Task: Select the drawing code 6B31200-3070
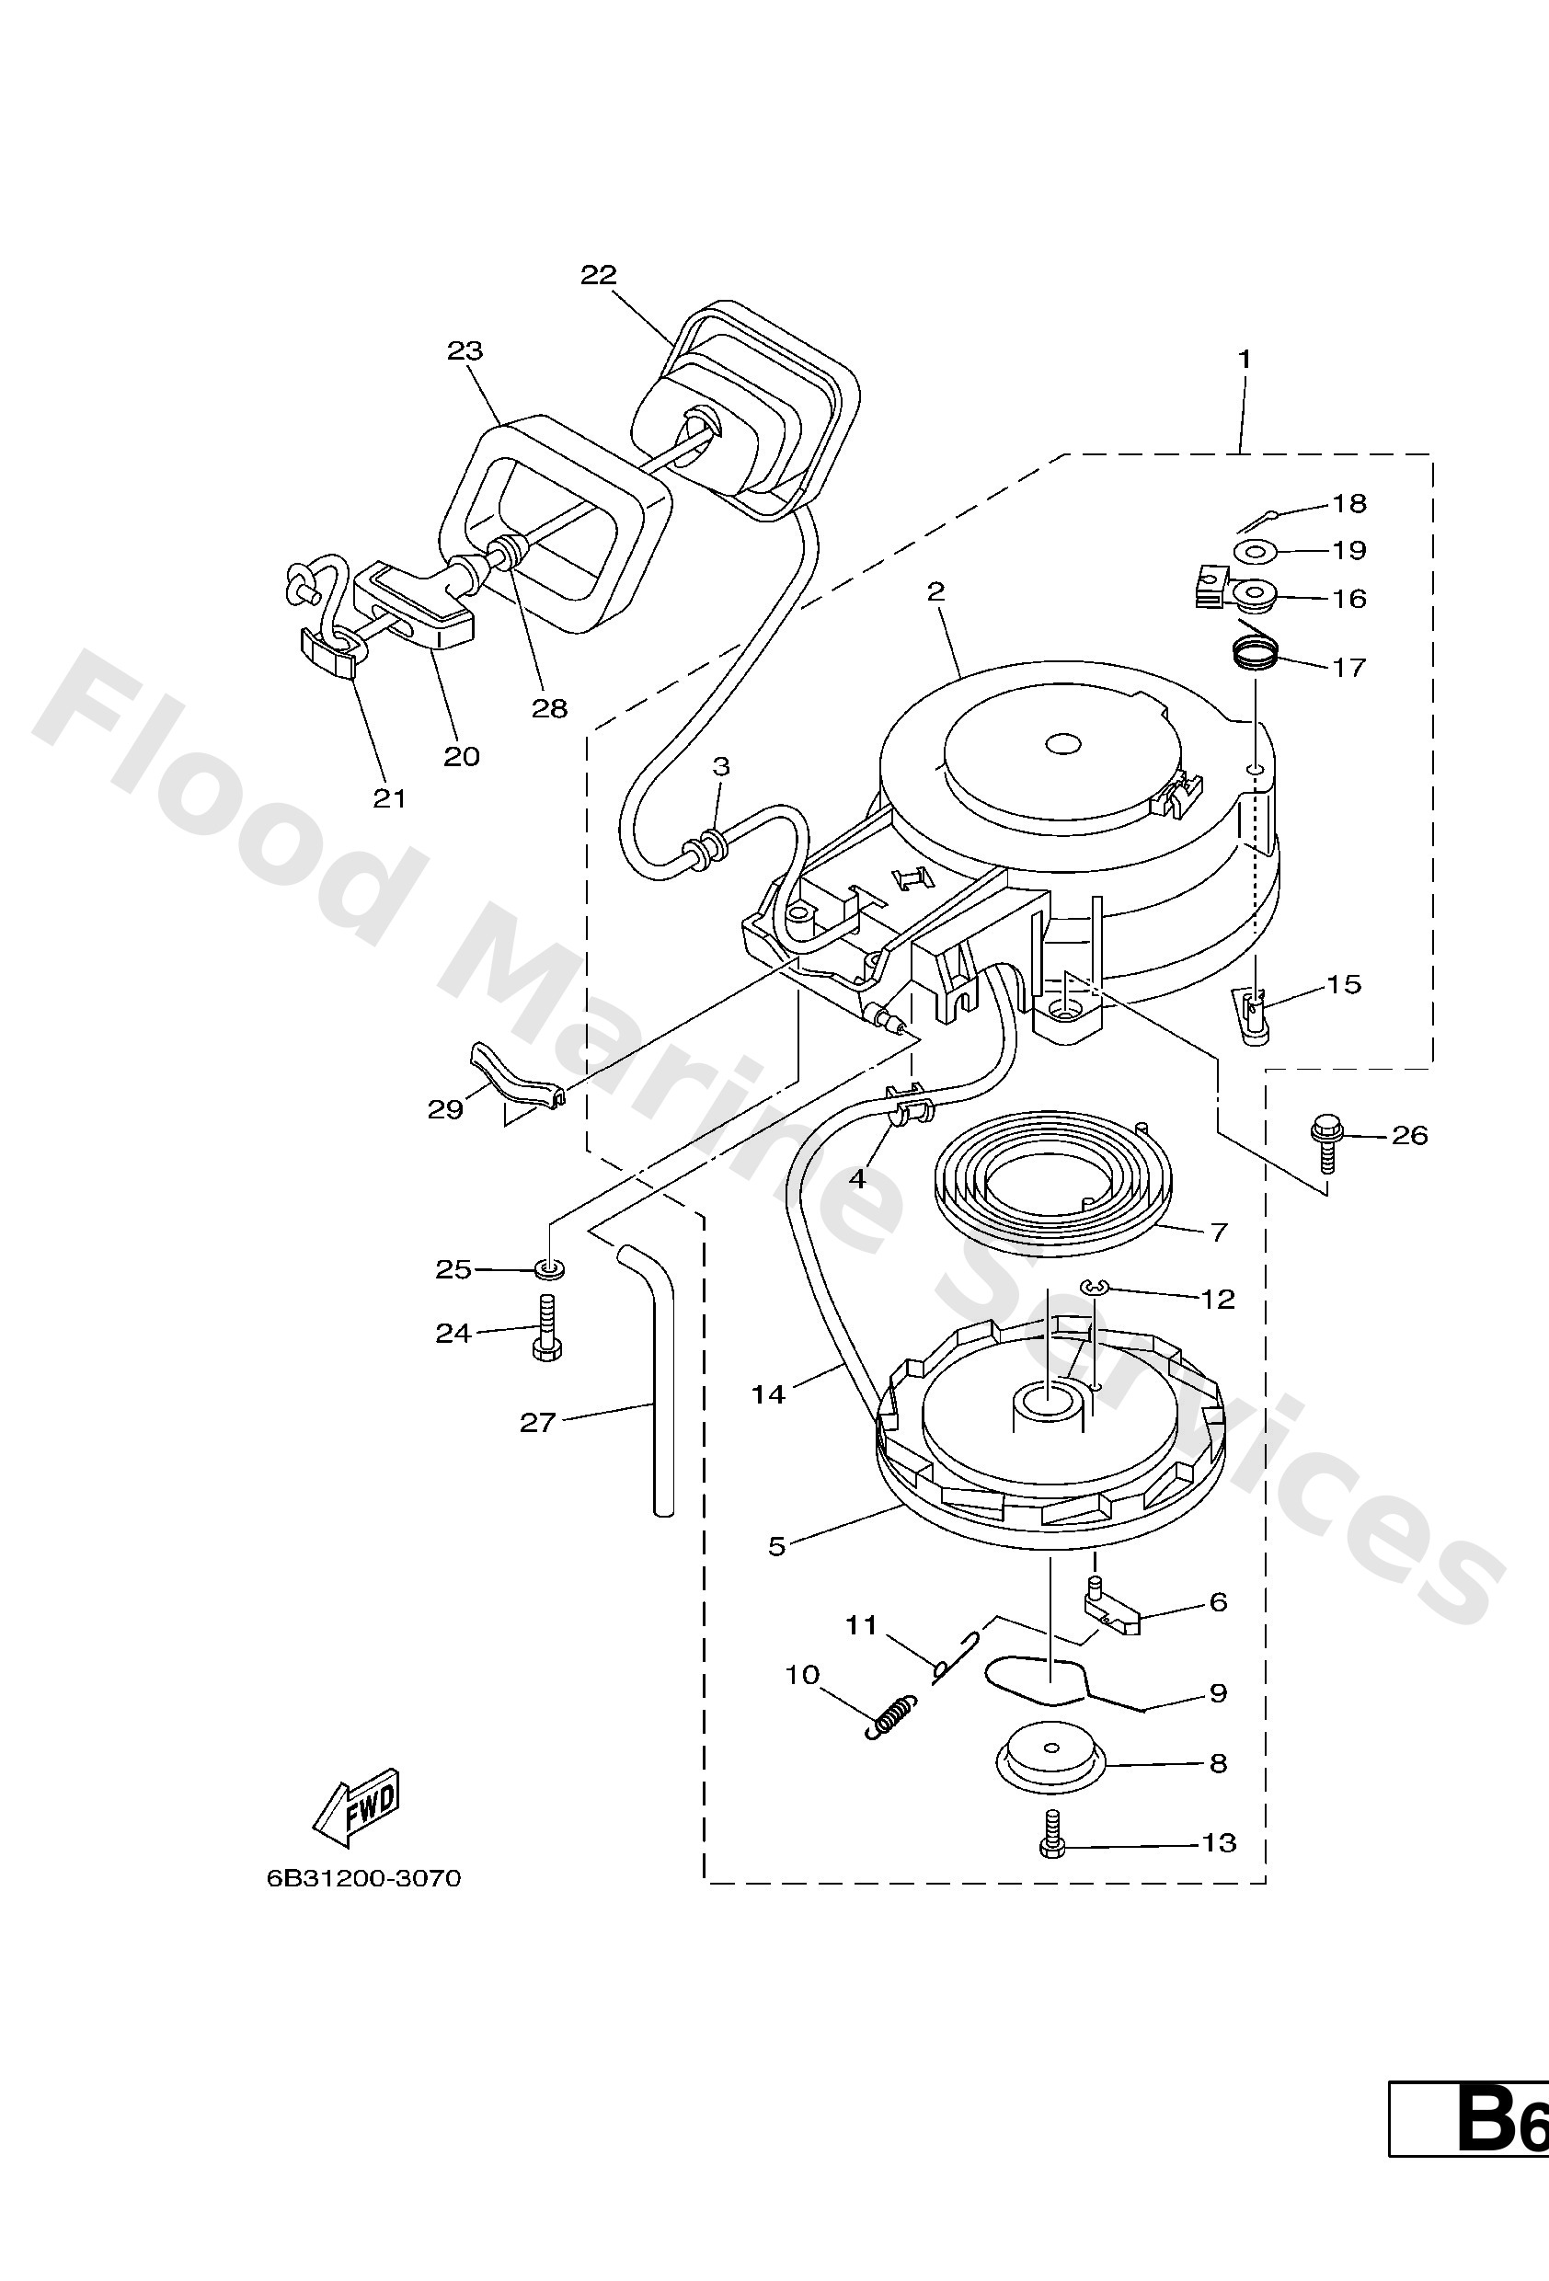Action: tap(363, 1878)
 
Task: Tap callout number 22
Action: tap(598, 275)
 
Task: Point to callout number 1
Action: tap(1245, 361)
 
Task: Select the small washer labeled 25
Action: tap(550, 1270)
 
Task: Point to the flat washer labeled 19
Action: tap(1251, 552)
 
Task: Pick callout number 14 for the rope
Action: tap(769, 1393)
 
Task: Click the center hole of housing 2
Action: tap(1061, 746)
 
